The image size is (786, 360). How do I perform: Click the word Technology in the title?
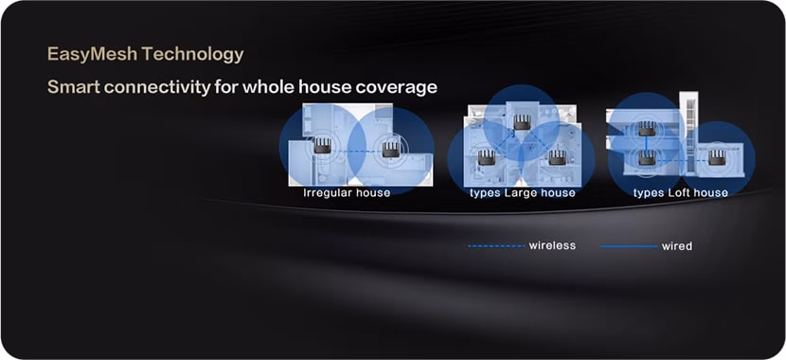193,54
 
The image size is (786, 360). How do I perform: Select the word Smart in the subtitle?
73,87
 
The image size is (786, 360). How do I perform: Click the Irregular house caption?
347,193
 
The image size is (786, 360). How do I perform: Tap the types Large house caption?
522,193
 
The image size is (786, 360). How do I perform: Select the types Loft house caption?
681,193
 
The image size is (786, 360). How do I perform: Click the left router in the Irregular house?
323,146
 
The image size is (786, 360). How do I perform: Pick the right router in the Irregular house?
390,149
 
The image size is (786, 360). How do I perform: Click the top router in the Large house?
522,121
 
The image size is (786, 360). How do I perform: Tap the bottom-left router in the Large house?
487,157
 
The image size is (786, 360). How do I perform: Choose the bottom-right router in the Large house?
557,157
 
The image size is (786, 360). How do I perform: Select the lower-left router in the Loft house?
647,157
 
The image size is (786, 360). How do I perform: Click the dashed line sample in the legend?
495,246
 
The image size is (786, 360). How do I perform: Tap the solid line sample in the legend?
628,246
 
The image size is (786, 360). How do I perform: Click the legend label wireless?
552,246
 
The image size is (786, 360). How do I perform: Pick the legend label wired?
677,246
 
